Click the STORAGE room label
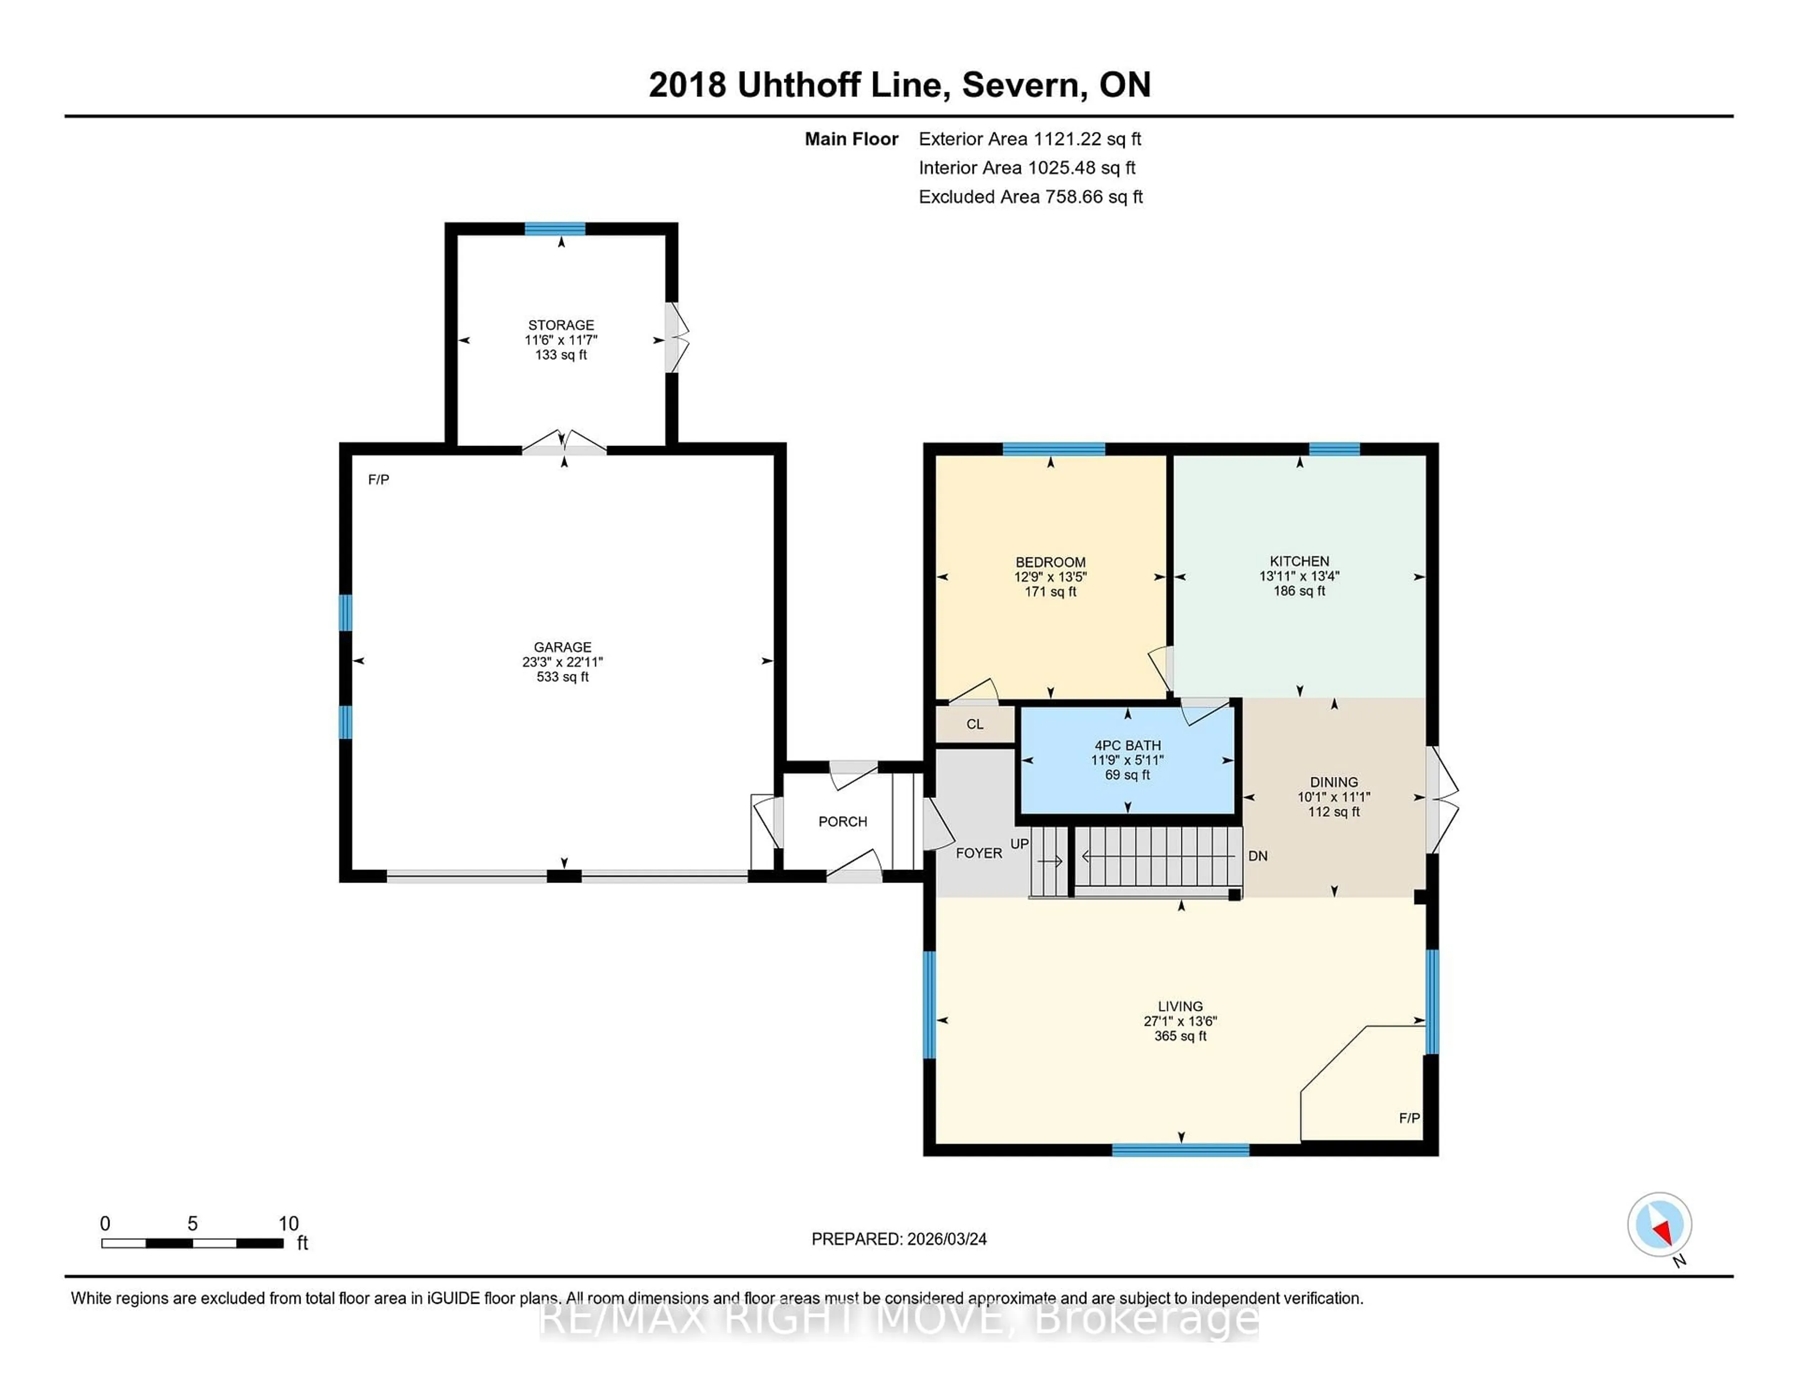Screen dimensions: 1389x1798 pyautogui.click(x=560, y=325)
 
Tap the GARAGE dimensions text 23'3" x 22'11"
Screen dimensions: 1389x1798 pyautogui.click(x=562, y=662)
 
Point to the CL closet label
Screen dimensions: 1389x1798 pyautogui.click(x=975, y=724)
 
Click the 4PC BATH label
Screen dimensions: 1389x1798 pyautogui.click(x=1127, y=745)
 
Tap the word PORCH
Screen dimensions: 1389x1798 pyautogui.click(x=842, y=821)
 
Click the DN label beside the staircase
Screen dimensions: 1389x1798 pyautogui.click(x=1257, y=856)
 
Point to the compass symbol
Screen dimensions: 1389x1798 pyautogui.click(x=1659, y=1224)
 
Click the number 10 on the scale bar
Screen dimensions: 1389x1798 pyautogui.click(x=288, y=1224)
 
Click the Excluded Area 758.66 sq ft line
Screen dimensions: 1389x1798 pyautogui.click(x=1030, y=197)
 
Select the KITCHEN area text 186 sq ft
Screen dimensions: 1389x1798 pyautogui.click(x=1299, y=591)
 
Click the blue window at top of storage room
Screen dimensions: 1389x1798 pyautogui.click(x=555, y=229)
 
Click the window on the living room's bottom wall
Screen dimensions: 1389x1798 pyautogui.click(x=1180, y=1149)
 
